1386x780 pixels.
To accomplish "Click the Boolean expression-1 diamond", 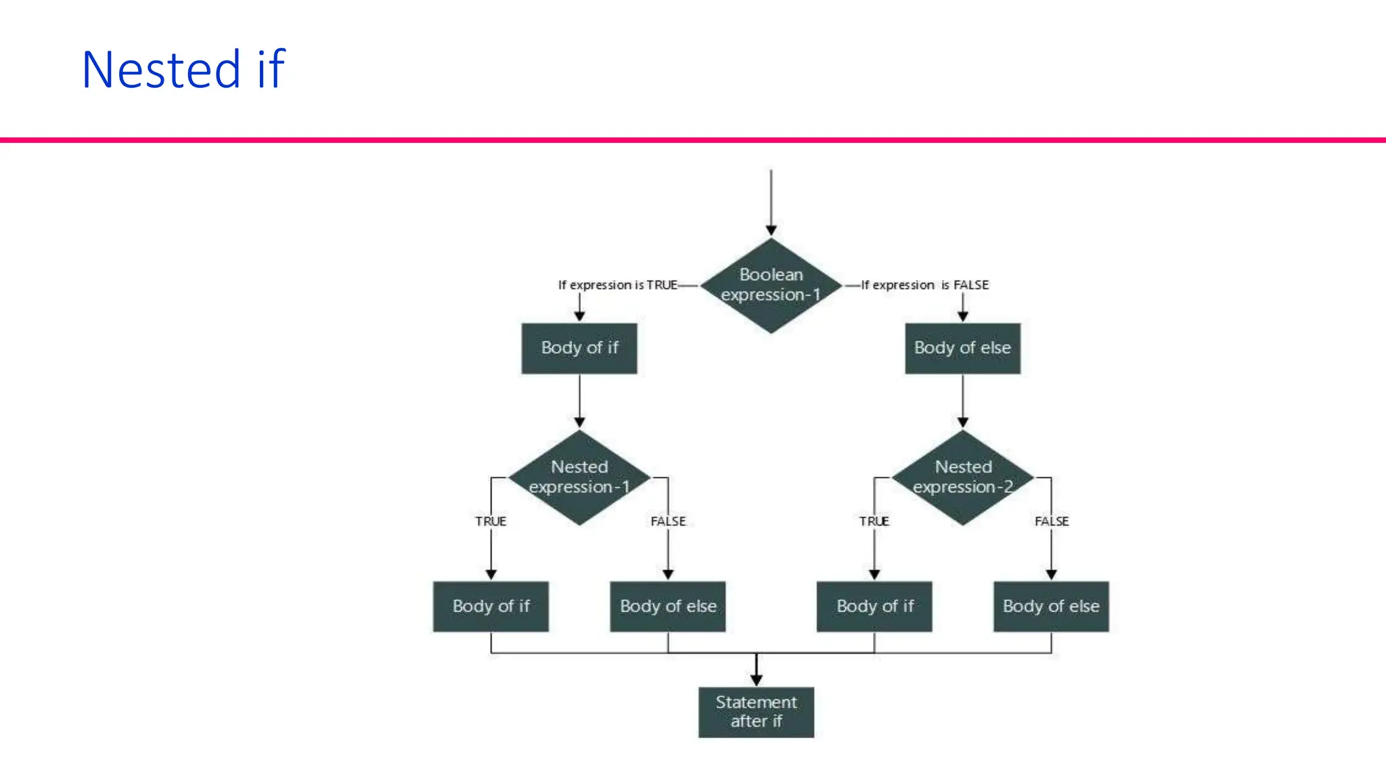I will [x=771, y=285].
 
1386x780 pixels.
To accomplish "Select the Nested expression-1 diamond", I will [x=579, y=477].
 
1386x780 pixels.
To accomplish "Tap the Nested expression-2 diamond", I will [x=962, y=477].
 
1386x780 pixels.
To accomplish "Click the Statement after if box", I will [x=756, y=712].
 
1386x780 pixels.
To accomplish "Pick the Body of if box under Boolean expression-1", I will [x=579, y=348].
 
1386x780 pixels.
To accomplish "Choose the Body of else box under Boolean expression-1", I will [x=962, y=348].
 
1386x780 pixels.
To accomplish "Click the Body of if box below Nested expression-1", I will [x=491, y=606].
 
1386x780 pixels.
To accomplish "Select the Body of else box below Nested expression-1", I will [x=668, y=606].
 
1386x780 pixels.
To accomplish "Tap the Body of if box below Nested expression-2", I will [x=874, y=606].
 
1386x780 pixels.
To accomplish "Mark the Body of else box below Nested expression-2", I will [x=1051, y=606].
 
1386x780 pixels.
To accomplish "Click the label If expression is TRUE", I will [x=617, y=285].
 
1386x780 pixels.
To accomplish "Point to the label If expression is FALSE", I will [x=924, y=285].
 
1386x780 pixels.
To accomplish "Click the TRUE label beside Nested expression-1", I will [x=491, y=521].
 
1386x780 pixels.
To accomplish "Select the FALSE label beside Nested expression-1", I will [x=668, y=521].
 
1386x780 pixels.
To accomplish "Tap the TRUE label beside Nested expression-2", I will [x=874, y=521].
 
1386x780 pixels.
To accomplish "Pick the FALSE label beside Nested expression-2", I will [x=1052, y=521].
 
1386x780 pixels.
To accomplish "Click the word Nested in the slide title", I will [x=161, y=70].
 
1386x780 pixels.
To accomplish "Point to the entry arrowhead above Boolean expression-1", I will [x=771, y=231].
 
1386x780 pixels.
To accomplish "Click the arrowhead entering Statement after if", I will [x=757, y=680].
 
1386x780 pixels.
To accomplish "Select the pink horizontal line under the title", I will [x=693, y=140].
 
